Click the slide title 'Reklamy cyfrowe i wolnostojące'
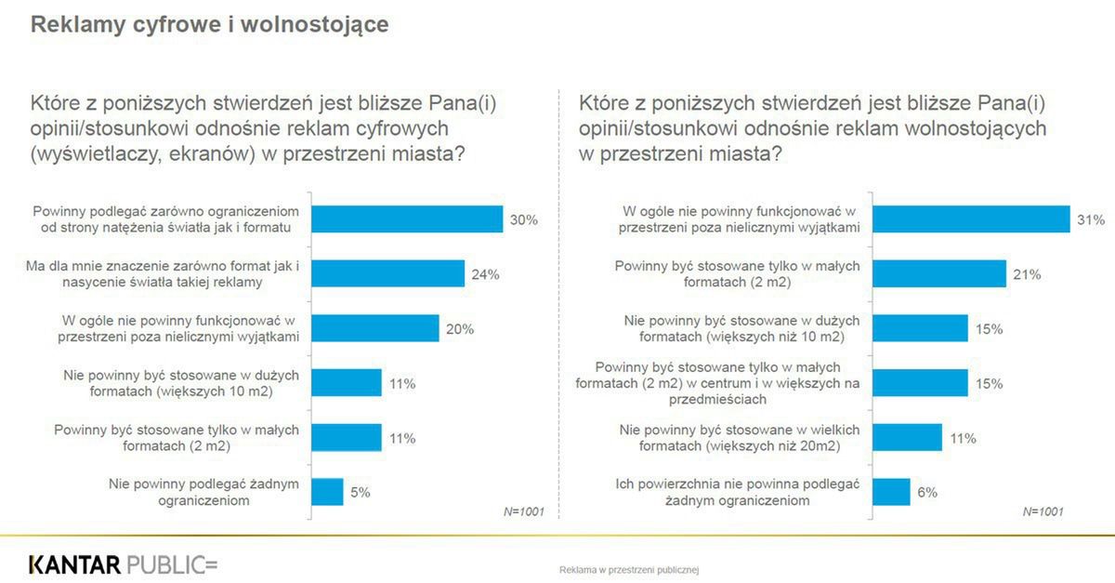point(209,25)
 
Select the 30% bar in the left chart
point(407,219)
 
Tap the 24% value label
point(485,274)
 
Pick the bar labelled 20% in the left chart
point(374,328)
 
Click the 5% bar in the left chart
point(327,492)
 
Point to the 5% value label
point(360,492)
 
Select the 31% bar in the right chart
point(971,219)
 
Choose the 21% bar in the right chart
point(939,274)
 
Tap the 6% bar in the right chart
point(891,492)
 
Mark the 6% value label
point(928,492)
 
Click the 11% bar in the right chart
point(908,437)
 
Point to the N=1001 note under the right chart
point(1043,511)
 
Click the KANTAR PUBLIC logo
point(123,564)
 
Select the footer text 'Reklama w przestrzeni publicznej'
point(629,567)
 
